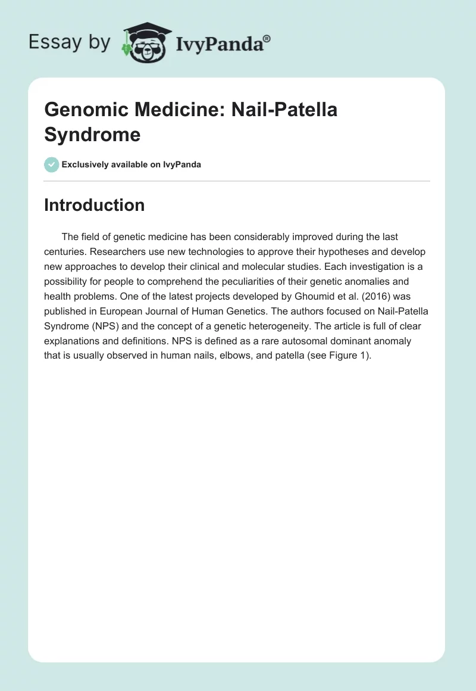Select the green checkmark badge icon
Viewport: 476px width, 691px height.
pos(52,164)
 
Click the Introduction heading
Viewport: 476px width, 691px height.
pos(95,205)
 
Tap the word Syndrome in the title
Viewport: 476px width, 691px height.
pos(92,135)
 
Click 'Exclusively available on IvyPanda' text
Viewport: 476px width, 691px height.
pos(131,164)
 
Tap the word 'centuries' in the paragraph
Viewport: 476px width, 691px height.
pos(67,253)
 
